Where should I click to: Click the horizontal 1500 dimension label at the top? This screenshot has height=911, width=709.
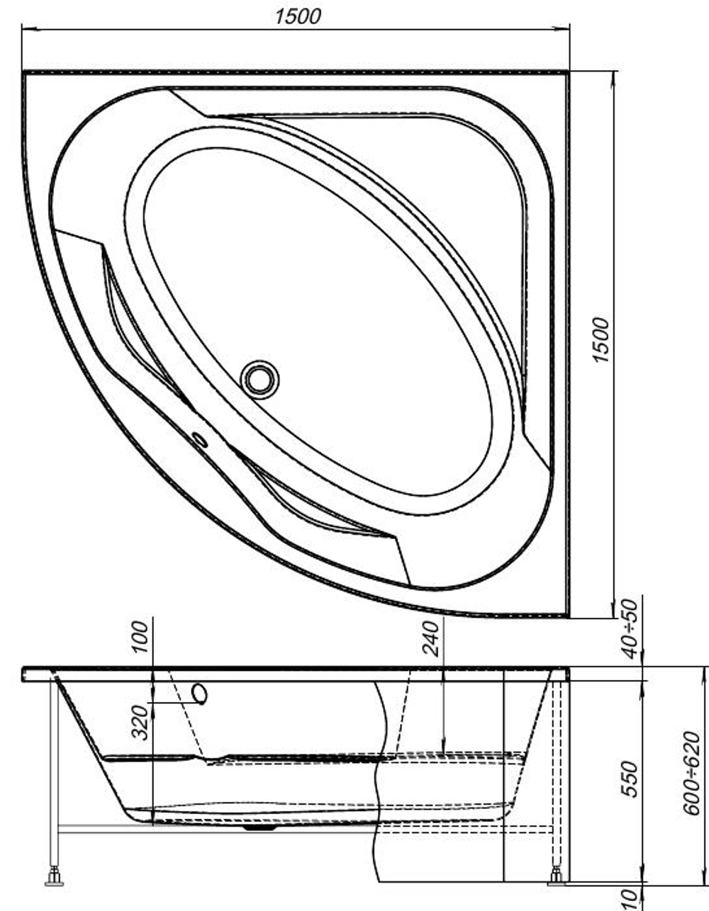(x=298, y=16)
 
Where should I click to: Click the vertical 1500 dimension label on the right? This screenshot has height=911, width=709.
(x=601, y=340)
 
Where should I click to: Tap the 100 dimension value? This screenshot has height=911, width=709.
(x=140, y=637)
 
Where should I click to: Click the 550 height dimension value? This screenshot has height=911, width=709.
(x=630, y=780)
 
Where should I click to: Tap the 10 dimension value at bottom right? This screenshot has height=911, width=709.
(x=630, y=898)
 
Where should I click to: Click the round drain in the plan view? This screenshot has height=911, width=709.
(x=259, y=380)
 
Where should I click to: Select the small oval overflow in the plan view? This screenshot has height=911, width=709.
(x=200, y=440)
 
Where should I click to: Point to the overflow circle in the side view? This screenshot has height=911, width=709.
(x=200, y=694)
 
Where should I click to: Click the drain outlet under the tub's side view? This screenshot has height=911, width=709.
(x=259, y=827)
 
